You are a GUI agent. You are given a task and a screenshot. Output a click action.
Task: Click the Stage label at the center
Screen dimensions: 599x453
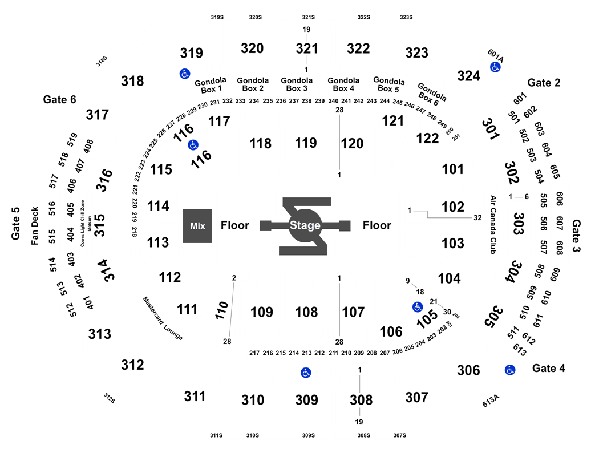(x=305, y=225)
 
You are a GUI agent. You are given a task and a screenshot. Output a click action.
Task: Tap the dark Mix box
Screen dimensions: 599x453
(x=197, y=226)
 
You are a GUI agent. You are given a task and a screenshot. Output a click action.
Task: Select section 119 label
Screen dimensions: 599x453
(x=306, y=143)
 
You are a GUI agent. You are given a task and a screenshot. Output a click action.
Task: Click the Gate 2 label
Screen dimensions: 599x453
(x=544, y=83)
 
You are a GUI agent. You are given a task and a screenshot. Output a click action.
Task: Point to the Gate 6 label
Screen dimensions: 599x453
(x=59, y=100)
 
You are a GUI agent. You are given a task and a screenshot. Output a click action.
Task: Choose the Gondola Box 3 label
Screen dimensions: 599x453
(x=297, y=84)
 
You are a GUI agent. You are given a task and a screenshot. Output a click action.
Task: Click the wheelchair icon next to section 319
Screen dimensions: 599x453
(x=185, y=74)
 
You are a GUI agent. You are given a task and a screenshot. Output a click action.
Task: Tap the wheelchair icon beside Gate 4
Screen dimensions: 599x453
(x=510, y=370)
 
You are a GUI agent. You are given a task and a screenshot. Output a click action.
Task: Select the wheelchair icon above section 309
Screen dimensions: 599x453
(x=306, y=373)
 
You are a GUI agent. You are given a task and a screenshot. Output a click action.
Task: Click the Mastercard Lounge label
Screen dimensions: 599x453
(x=163, y=318)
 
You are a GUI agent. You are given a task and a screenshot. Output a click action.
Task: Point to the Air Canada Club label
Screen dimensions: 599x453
(x=493, y=225)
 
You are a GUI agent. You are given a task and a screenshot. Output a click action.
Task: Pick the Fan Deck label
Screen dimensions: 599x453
(x=35, y=226)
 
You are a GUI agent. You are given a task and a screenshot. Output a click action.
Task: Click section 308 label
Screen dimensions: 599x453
(x=361, y=400)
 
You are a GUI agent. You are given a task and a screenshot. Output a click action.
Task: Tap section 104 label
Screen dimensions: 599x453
(x=450, y=278)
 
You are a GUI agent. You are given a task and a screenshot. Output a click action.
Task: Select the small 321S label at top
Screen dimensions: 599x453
(x=308, y=17)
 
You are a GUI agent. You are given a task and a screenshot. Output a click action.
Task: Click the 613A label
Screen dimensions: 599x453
(x=491, y=401)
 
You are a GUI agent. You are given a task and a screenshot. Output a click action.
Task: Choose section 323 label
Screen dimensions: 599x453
(x=417, y=52)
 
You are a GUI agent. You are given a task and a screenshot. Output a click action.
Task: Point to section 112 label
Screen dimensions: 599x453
(x=169, y=277)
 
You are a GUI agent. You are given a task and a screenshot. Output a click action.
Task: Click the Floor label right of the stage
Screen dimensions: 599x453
(x=377, y=225)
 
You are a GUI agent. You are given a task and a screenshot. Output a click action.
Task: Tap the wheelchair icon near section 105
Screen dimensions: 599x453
(x=418, y=307)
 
